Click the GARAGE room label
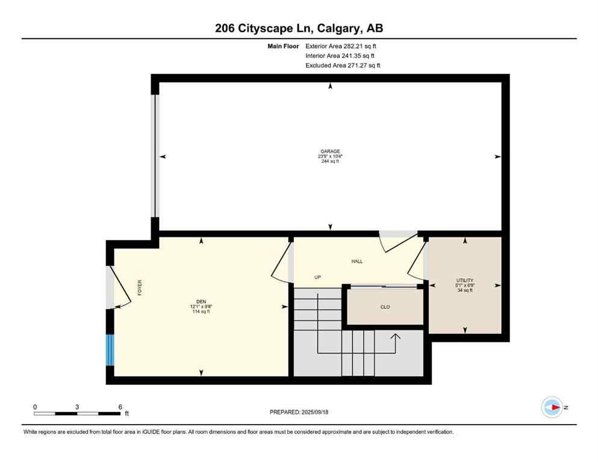pos(330,151)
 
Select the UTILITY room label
pos(464,280)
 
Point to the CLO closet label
pos(385,307)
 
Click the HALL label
pos(357,261)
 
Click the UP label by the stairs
pos(317,277)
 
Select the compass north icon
pos(552,407)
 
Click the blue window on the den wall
pos(110,351)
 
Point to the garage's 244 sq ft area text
pos(330,161)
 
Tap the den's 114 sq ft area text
pos(201,311)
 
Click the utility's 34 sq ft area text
pos(464,290)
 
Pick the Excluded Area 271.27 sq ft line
pos(342,65)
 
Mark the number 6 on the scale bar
pos(120,407)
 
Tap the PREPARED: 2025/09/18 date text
pos(299,412)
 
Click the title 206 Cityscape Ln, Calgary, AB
pos(299,28)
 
